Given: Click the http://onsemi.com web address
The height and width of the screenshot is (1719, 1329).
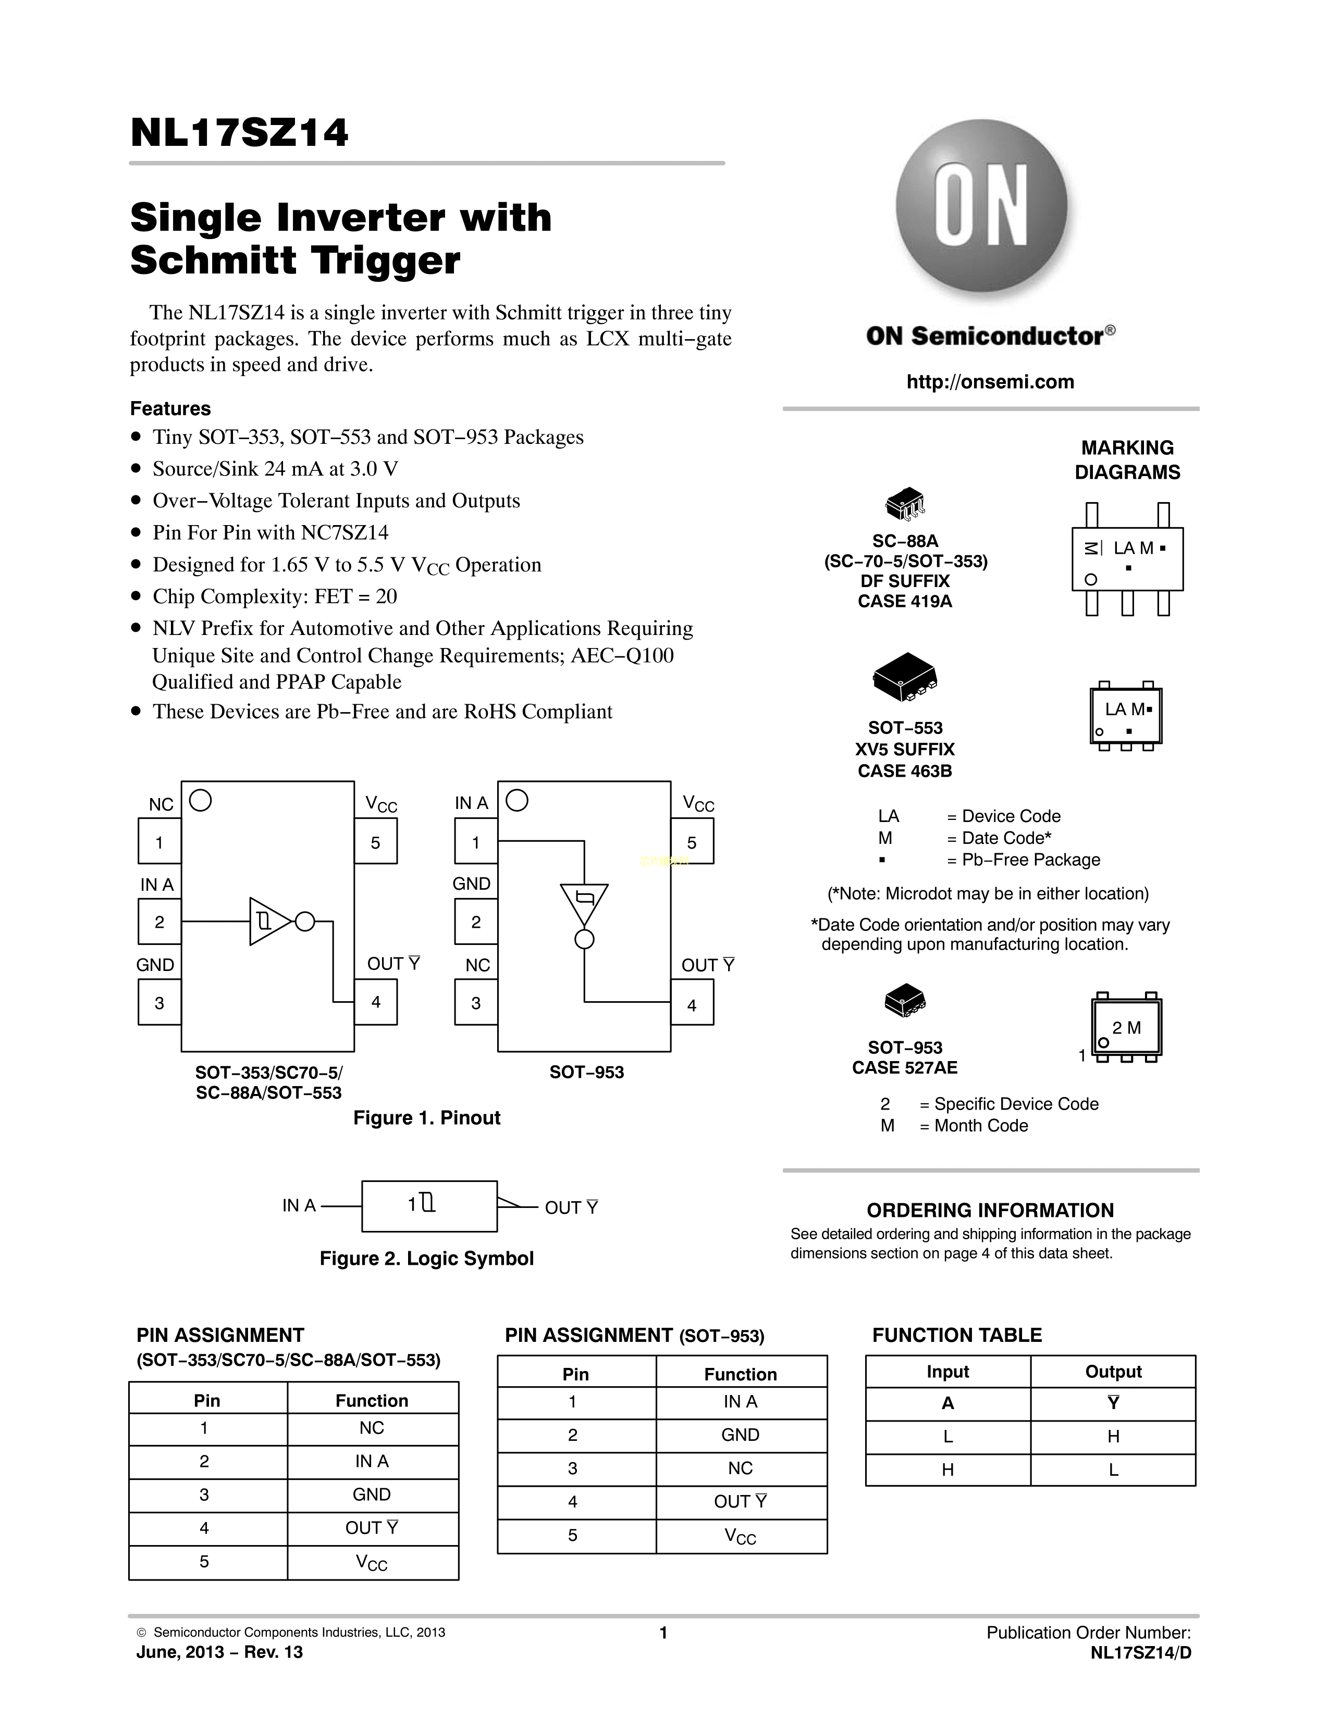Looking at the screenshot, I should point(990,382).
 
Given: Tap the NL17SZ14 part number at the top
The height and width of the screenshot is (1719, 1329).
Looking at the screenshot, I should point(239,133).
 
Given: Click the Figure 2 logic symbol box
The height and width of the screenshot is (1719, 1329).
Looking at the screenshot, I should point(429,1206).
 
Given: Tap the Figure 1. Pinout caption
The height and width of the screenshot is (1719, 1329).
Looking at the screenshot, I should point(427,1118).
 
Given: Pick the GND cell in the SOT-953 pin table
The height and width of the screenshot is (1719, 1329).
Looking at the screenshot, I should point(740,1435).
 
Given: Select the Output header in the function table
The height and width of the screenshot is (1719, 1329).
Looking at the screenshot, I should point(1113,1372).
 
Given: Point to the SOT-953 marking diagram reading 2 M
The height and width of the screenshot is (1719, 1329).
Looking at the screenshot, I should point(1126,1028).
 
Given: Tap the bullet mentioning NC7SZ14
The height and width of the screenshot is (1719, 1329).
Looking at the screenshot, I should point(270,533).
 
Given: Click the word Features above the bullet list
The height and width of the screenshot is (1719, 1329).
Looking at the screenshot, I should point(170,408).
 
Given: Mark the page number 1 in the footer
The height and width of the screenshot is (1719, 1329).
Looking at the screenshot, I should point(663,1633).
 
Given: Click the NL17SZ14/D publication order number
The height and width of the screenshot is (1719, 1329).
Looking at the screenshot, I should point(1141,1653).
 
